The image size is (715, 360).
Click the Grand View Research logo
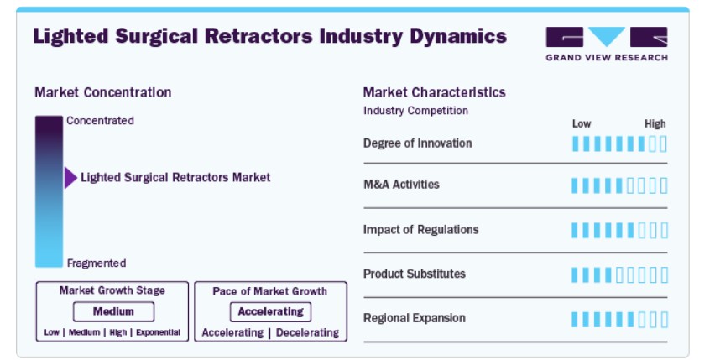pos(607,44)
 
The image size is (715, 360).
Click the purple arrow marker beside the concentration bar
pos(70,178)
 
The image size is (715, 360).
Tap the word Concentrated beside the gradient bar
pos(101,121)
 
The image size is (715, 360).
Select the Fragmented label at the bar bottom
pos(97,263)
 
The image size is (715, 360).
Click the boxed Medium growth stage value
pos(113,311)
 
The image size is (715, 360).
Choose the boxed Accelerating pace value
pos(270,311)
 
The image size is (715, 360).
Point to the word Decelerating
pos(307,332)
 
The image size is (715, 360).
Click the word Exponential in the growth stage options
pos(159,332)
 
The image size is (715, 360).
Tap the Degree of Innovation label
pos(417,143)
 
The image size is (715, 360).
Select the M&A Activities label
pos(401,184)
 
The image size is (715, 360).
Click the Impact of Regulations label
pos(420,229)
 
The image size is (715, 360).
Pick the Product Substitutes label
pos(414,274)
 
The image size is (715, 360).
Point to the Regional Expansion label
pos(414,317)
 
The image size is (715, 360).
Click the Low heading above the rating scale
pos(582,123)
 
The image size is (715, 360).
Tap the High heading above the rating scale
pos(655,123)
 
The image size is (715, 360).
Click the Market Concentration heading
pos(102,92)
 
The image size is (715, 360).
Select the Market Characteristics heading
pos(434,92)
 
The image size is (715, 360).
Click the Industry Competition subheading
pos(415,111)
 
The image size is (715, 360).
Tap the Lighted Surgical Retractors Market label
pos(175,177)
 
